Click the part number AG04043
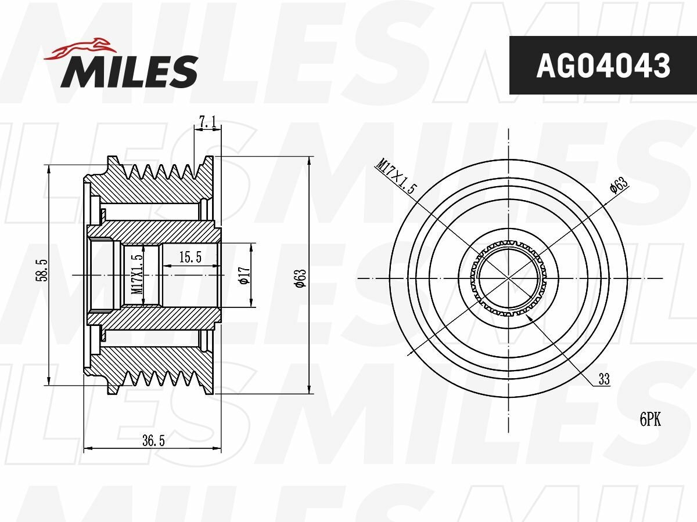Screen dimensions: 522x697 click(x=603, y=66)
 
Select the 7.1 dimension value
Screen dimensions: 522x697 click(x=207, y=122)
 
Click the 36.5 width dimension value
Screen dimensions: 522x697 click(x=153, y=441)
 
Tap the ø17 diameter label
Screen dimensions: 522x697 click(x=244, y=274)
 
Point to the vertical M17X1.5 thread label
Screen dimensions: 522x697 click(x=137, y=274)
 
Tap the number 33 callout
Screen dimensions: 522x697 click(x=604, y=379)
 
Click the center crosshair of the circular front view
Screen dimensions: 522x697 click(x=509, y=278)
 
